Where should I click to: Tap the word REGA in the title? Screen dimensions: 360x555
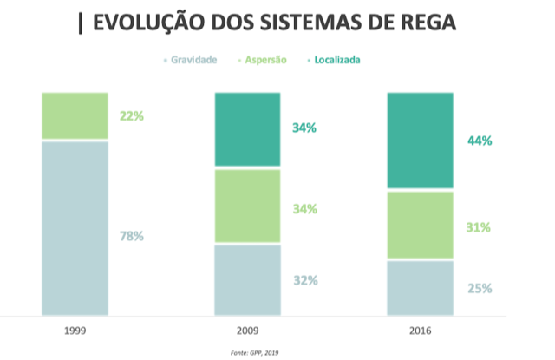(423, 23)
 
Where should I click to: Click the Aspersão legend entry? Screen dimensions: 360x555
(265, 60)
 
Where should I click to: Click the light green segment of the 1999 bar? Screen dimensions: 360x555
(75, 115)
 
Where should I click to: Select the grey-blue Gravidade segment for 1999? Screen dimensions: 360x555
(75, 228)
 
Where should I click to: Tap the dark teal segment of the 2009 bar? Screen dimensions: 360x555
(247, 128)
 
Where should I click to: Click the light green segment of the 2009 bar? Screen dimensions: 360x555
(247, 206)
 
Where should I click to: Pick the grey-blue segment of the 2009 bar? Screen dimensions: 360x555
(247, 279)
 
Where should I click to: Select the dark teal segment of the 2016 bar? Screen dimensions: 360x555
(420, 140)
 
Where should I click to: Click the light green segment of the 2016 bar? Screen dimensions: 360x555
(420, 225)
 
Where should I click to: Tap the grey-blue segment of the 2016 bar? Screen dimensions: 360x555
(420, 287)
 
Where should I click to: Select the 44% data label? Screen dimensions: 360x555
(479, 141)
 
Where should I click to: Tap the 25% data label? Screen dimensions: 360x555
(479, 288)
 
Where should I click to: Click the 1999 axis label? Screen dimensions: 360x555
(75, 331)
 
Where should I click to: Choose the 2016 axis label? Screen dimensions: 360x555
(420, 331)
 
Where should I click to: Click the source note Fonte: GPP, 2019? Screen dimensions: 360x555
(255, 351)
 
